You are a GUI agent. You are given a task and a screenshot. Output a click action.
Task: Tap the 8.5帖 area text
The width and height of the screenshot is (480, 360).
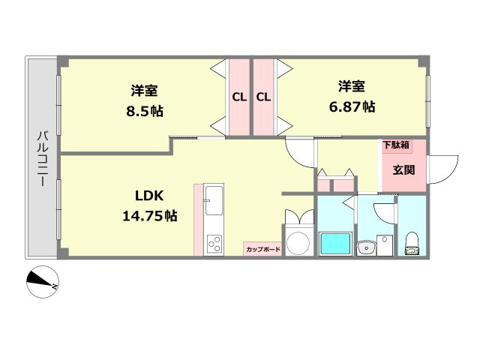[144, 111]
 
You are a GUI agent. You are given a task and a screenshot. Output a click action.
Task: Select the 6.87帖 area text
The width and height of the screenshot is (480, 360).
[352, 106]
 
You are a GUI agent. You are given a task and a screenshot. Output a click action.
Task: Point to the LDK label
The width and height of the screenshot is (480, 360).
[149, 196]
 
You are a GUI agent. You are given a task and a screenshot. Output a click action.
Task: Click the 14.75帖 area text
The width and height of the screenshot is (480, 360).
[149, 216]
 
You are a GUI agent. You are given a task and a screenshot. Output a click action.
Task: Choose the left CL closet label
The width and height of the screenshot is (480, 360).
[239, 97]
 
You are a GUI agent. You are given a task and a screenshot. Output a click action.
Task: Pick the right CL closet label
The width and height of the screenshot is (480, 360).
[263, 97]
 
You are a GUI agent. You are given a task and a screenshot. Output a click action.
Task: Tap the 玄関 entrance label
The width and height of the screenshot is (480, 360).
[403, 169]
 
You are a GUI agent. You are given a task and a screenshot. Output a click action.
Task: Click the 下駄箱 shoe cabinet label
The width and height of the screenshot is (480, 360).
[395, 145]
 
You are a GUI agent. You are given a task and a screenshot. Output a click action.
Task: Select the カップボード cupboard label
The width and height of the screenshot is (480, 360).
[262, 249]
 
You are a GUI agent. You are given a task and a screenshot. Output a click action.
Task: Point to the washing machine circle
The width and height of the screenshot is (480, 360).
[299, 241]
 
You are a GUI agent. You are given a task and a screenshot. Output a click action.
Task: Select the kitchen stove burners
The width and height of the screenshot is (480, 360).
[213, 243]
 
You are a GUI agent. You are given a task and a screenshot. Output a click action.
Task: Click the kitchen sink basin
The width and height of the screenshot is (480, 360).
[213, 200]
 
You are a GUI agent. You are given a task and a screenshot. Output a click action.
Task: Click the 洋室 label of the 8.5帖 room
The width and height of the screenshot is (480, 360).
[144, 91]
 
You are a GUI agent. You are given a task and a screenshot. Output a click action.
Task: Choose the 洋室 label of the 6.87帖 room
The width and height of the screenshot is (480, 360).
[351, 85]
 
